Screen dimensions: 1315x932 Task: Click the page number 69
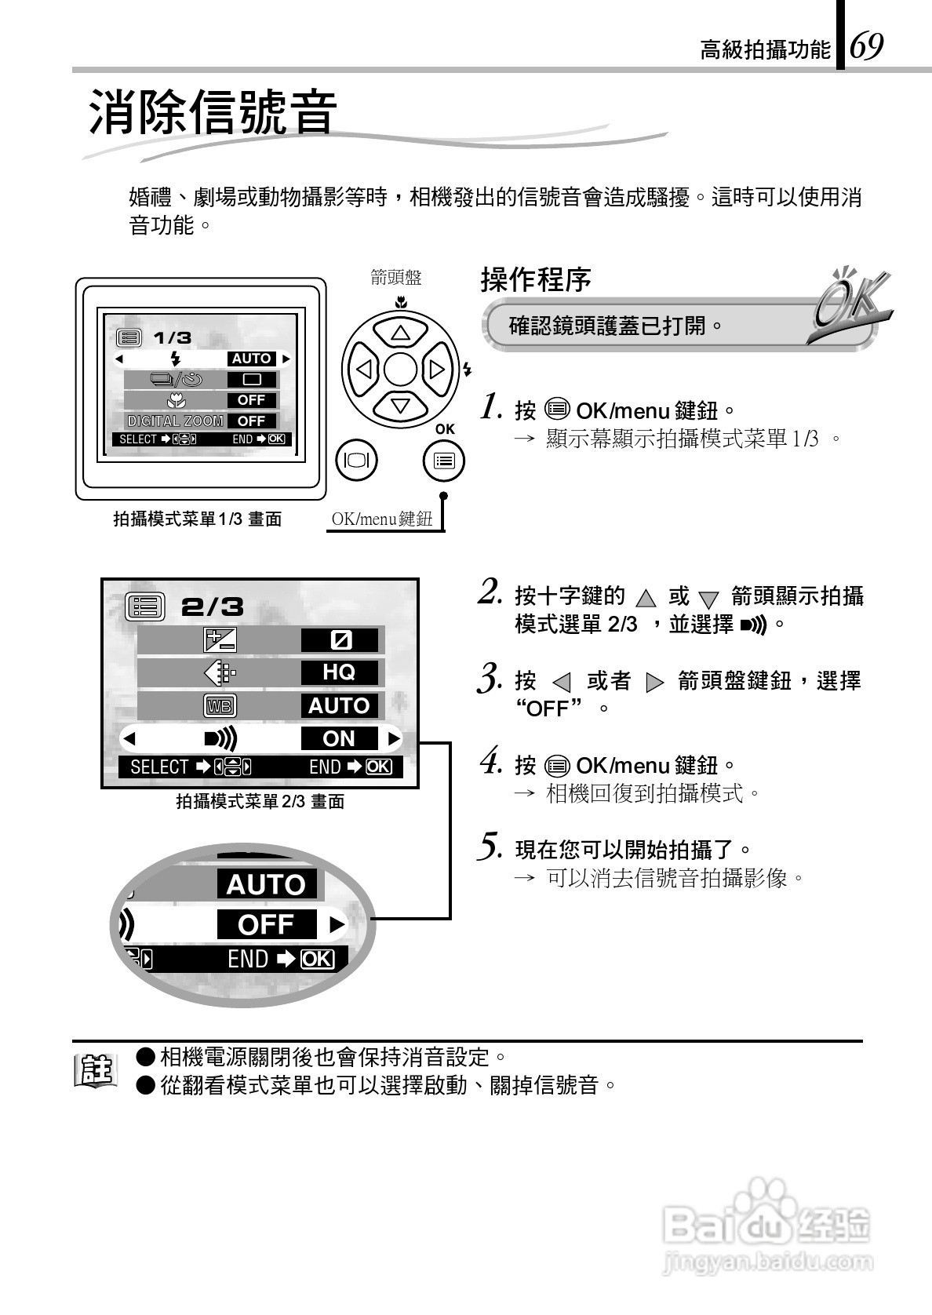[x=868, y=47]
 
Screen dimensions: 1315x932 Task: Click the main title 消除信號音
[x=213, y=113]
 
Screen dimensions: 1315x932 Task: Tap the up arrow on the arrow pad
[x=400, y=333]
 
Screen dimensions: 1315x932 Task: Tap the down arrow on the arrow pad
[x=400, y=406]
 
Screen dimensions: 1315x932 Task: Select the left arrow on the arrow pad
[x=363, y=369]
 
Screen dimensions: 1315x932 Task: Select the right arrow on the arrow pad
[x=437, y=369]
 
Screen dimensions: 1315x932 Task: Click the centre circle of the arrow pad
[x=400, y=369]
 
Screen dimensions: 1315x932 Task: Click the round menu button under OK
[x=443, y=461]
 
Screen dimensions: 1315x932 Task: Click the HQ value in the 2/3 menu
[x=339, y=672]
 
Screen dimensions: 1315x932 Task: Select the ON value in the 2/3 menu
[x=339, y=738]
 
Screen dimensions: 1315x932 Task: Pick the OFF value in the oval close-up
[x=266, y=925]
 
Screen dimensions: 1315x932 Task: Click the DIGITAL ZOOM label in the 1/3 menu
[x=176, y=421]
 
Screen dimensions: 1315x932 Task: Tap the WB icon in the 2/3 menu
[x=219, y=706]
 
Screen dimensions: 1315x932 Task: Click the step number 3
[x=490, y=679]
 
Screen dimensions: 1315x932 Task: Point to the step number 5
[x=490, y=847]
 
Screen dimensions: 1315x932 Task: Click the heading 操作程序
[x=536, y=279]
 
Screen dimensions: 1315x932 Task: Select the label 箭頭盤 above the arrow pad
[x=396, y=278]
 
